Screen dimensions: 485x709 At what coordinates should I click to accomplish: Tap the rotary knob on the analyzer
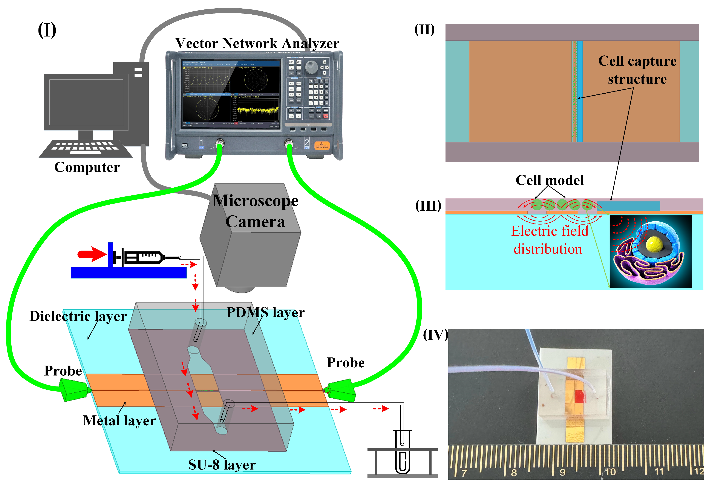pos(311,65)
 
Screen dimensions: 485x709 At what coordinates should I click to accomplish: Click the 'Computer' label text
pos(87,167)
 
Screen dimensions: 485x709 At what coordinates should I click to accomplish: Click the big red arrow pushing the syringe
pos(91,254)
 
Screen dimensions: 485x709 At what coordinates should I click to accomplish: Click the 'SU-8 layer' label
pos(222,465)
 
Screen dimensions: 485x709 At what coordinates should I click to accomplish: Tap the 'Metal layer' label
pos(119,421)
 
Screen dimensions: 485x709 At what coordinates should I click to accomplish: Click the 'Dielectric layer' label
pos(78,316)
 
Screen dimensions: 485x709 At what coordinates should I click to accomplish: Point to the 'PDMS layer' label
pos(265,312)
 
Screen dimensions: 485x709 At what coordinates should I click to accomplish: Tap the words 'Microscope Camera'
pos(255,211)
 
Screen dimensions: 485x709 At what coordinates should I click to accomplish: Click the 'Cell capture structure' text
pos(637,70)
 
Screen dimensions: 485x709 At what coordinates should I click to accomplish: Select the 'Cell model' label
pos(550,180)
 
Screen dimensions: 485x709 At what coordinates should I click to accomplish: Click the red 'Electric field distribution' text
pos(549,240)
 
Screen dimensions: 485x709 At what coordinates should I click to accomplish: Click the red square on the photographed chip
pos(580,397)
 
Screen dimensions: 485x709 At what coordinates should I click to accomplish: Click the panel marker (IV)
pos(435,335)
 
